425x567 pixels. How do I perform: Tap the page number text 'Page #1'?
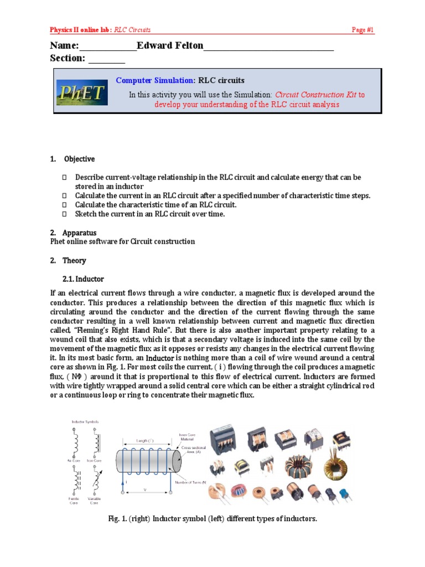[363, 30]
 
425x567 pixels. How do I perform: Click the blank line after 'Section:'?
[107, 59]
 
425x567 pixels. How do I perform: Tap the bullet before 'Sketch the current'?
[64, 214]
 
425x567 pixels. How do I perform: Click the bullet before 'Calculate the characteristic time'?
[64, 205]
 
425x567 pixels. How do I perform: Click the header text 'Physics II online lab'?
[81, 30]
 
